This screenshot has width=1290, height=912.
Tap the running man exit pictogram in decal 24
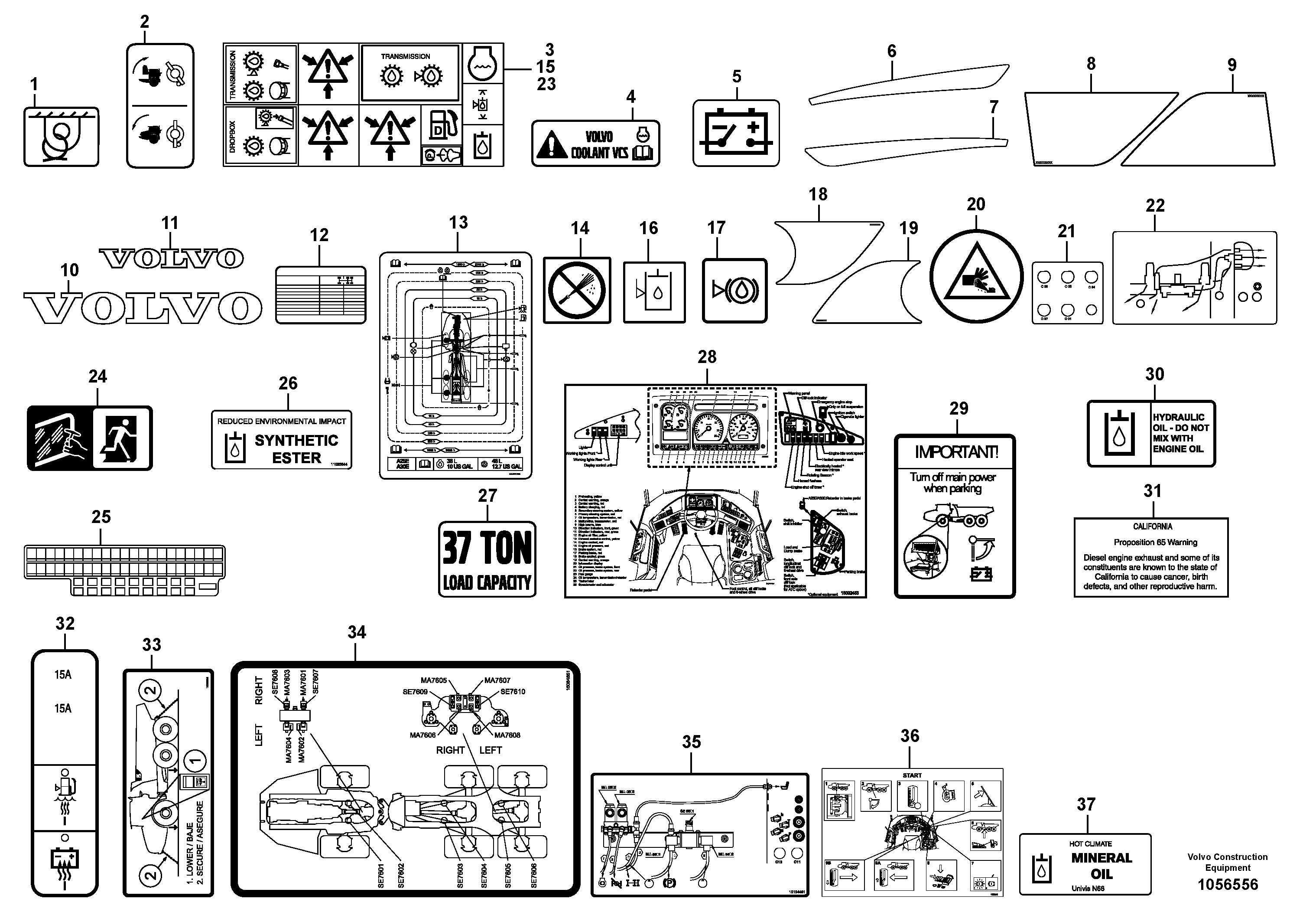[122, 438]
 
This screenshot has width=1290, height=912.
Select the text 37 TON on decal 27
[487, 549]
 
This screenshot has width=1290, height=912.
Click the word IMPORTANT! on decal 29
[955, 452]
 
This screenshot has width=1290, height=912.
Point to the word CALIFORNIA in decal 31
[1152, 526]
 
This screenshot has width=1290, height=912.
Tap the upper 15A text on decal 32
[63, 675]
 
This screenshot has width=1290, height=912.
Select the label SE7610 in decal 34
[513, 692]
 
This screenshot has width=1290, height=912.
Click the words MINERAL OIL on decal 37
[1101, 866]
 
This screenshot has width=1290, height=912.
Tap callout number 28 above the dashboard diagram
[707, 356]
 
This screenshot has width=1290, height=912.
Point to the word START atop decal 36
[912, 775]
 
